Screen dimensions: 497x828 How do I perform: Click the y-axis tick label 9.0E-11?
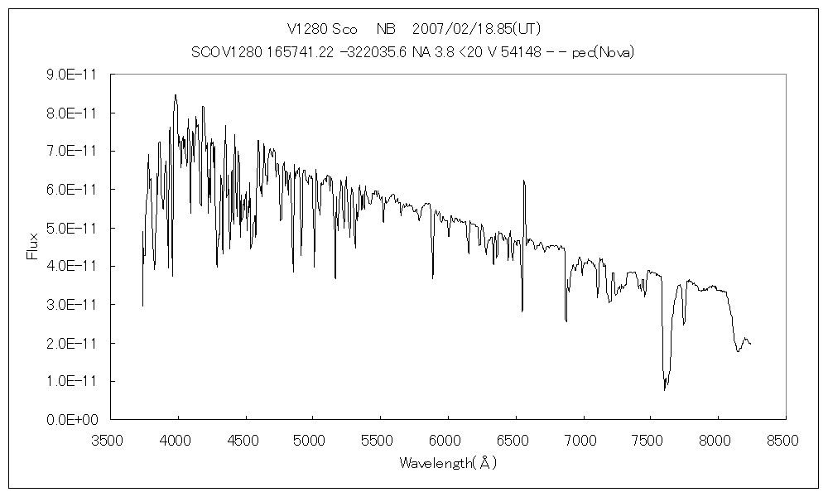[x=72, y=75]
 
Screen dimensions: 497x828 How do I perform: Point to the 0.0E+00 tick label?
[x=72, y=420]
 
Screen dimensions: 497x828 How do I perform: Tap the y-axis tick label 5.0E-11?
[x=72, y=228]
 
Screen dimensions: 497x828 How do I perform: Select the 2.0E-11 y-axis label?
[x=72, y=343]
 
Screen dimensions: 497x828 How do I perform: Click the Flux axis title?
[x=33, y=246]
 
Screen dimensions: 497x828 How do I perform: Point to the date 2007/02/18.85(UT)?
[x=476, y=29]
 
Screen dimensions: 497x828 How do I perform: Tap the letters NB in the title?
[x=386, y=29]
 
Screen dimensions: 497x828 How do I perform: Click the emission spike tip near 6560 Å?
[x=523, y=180]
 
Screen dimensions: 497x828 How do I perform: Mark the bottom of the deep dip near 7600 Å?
[x=664, y=390]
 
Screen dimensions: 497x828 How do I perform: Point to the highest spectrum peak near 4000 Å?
[x=176, y=94]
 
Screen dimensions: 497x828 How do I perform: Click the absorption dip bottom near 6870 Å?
[x=566, y=321]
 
